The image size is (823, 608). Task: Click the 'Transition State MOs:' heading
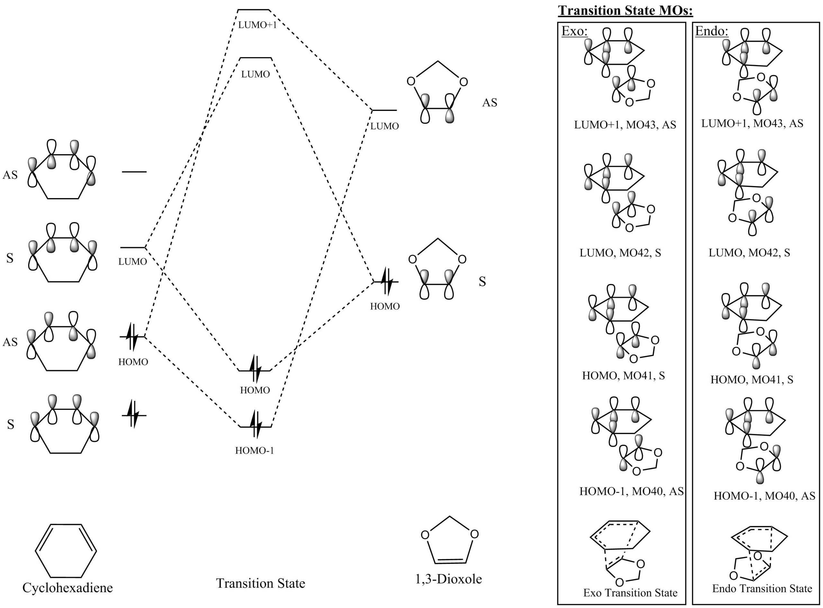(x=625, y=10)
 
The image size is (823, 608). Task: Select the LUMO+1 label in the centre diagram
(x=257, y=25)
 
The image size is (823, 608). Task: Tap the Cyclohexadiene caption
(x=68, y=587)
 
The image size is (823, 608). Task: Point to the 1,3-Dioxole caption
(x=448, y=579)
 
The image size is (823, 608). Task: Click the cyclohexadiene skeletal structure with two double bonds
(x=66, y=551)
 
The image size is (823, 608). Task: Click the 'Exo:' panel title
(x=574, y=31)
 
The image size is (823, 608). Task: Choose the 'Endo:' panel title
(x=711, y=31)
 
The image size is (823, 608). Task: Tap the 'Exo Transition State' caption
(x=630, y=593)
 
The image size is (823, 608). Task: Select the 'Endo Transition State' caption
(x=762, y=588)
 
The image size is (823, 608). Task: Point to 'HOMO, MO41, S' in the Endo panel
(x=752, y=380)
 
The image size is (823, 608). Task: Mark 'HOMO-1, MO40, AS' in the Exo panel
(x=631, y=491)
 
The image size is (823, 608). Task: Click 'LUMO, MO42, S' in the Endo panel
(x=749, y=253)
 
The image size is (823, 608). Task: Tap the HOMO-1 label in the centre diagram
(x=255, y=450)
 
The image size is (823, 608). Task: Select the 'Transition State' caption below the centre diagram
(x=260, y=583)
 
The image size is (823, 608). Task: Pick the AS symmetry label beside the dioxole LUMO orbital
(x=490, y=102)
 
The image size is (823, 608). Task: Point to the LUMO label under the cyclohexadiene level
(x=132, y=261)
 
